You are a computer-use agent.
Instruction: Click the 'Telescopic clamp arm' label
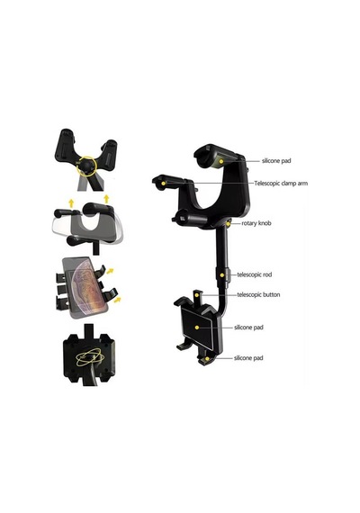click(281, 184)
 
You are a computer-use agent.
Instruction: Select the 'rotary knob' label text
click(256, 223)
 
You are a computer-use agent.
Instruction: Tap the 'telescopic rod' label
click(255, 274)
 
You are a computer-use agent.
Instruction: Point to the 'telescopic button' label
click(258, 294)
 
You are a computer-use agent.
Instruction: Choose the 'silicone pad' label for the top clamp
click(276, 160)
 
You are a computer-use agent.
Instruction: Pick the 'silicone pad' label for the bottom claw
click(248, 358)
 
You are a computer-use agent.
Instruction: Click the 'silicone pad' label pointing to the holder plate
click(248, 328)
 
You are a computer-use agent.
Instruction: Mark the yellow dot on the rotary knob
click(229, 224)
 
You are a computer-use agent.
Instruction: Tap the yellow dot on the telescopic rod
click(222, 275)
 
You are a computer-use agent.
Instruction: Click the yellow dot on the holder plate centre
click(197, 328)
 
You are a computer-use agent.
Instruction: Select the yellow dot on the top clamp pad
click(221, 161)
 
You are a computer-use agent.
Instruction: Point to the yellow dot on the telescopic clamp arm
click(163, 184)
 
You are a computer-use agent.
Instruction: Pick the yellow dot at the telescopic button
click(196, 295)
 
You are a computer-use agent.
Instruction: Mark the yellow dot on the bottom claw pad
click(207, 359)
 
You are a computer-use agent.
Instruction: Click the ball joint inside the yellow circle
click(87, 165)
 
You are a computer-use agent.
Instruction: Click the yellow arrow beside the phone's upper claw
click(111, 271)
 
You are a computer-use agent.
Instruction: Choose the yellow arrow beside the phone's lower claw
click(117, 300)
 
